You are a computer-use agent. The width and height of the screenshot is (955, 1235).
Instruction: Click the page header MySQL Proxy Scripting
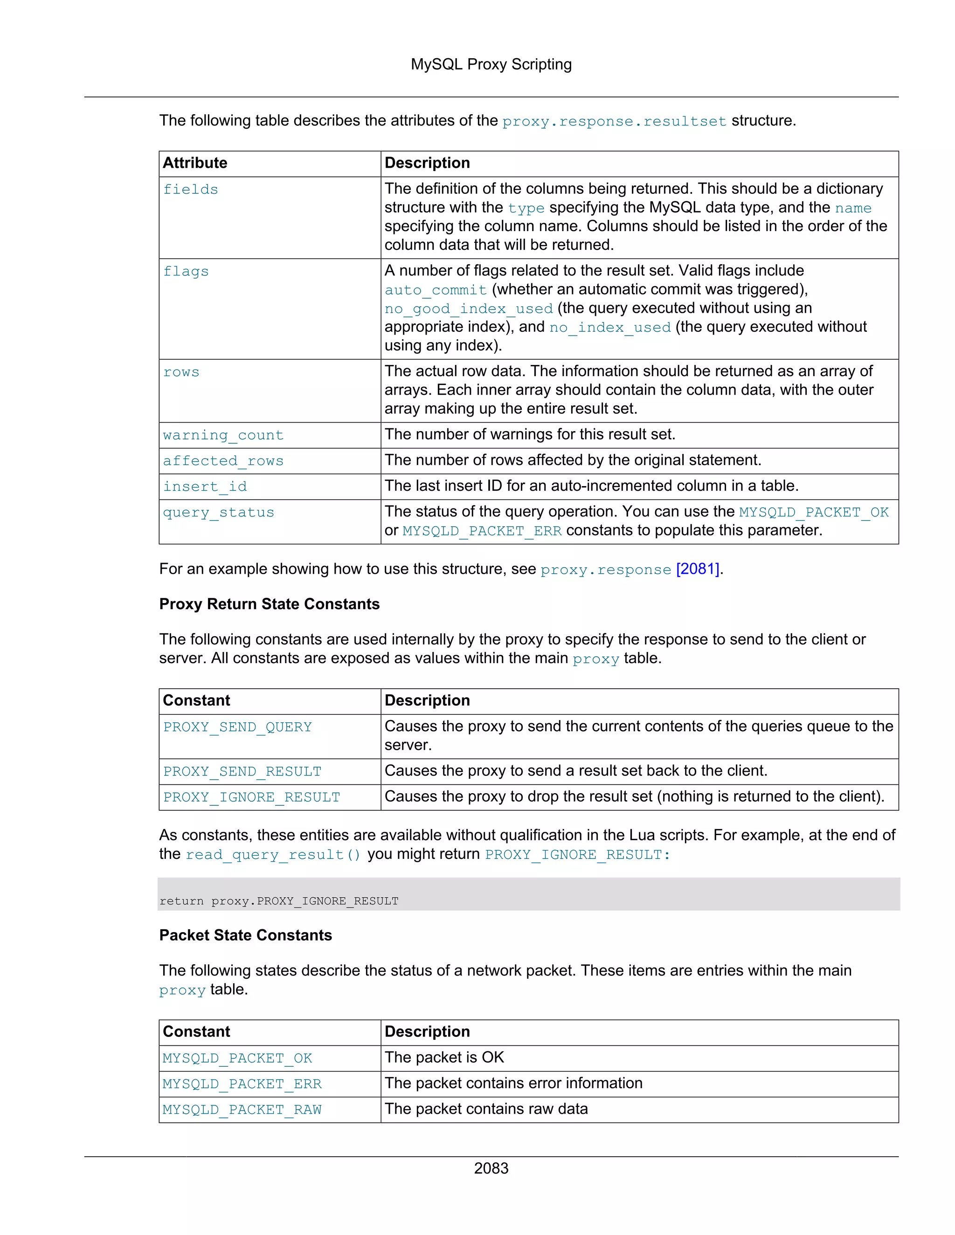(491, 64)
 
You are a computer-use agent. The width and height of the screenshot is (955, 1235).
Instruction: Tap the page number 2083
(491, 1168)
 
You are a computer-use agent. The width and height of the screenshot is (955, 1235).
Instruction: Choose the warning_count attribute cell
(223, 435)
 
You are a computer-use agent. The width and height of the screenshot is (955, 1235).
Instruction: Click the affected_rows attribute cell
(223, 461)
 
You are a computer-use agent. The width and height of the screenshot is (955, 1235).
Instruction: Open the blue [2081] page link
(698, 569)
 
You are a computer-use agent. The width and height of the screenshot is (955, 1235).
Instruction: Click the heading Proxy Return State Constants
(270, 604)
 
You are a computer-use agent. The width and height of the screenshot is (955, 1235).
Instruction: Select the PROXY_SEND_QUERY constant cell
(238, 727)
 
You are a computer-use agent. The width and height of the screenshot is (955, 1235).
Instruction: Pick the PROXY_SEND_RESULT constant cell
(242, 771)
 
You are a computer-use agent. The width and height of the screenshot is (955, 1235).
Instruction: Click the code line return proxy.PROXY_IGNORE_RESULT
(279, 901)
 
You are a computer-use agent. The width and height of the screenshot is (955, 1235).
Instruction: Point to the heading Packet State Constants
(246, 935)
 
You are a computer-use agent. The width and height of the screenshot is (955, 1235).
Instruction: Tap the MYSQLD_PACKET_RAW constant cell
(242, 1110)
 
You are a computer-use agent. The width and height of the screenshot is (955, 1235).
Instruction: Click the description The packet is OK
(444, 1057)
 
